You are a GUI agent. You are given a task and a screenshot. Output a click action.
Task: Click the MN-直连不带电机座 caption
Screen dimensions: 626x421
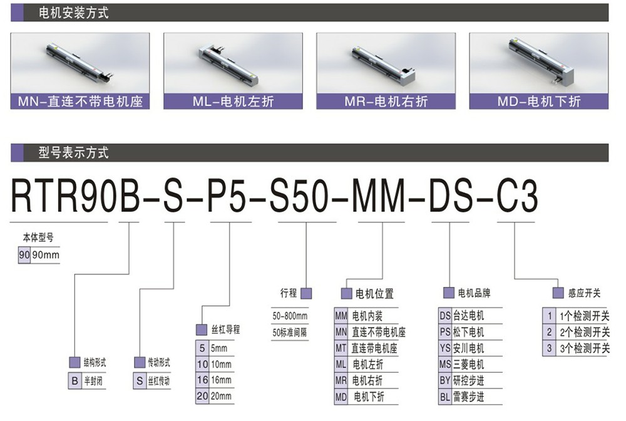80,101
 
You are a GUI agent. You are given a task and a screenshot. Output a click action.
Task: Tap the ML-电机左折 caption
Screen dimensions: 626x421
233,101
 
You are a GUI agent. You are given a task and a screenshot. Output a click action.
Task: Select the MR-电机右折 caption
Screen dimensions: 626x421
386,101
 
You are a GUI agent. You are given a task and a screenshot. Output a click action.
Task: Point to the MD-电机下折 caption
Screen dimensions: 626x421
539,101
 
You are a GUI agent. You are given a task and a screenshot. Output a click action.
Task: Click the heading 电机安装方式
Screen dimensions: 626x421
73,13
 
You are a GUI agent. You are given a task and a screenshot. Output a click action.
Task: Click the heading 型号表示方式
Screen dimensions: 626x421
73,153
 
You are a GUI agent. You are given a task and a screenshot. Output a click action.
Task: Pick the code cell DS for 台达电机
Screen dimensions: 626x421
445,316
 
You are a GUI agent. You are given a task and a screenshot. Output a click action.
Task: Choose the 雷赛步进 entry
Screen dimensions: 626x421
468,397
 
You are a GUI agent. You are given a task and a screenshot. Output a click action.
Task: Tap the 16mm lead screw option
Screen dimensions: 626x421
221,380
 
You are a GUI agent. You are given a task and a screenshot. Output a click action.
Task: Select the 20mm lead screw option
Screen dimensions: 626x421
221,396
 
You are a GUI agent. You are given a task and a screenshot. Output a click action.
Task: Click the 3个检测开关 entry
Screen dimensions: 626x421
585,348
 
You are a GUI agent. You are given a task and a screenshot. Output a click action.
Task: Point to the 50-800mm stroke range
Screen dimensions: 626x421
290,316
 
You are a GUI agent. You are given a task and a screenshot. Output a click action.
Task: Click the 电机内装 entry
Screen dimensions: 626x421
367,316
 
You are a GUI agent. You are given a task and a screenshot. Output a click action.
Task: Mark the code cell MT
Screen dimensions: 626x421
341,348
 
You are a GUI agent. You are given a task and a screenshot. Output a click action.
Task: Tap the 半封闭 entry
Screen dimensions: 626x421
93,381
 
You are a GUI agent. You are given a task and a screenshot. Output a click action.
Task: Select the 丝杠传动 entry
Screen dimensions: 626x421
159,381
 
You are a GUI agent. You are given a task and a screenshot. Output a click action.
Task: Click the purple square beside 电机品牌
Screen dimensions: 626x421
449,293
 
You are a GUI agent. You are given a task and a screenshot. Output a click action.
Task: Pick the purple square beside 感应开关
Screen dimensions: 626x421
558,293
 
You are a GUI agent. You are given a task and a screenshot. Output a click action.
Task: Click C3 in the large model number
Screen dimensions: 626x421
517,196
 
